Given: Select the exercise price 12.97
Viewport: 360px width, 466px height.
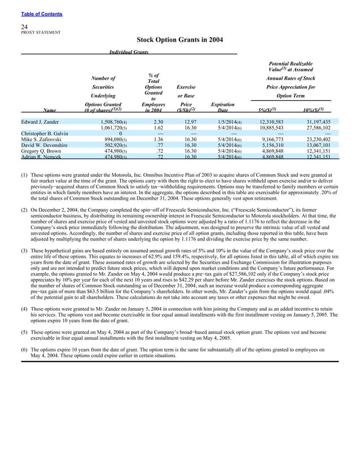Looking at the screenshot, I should click(190, 121).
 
